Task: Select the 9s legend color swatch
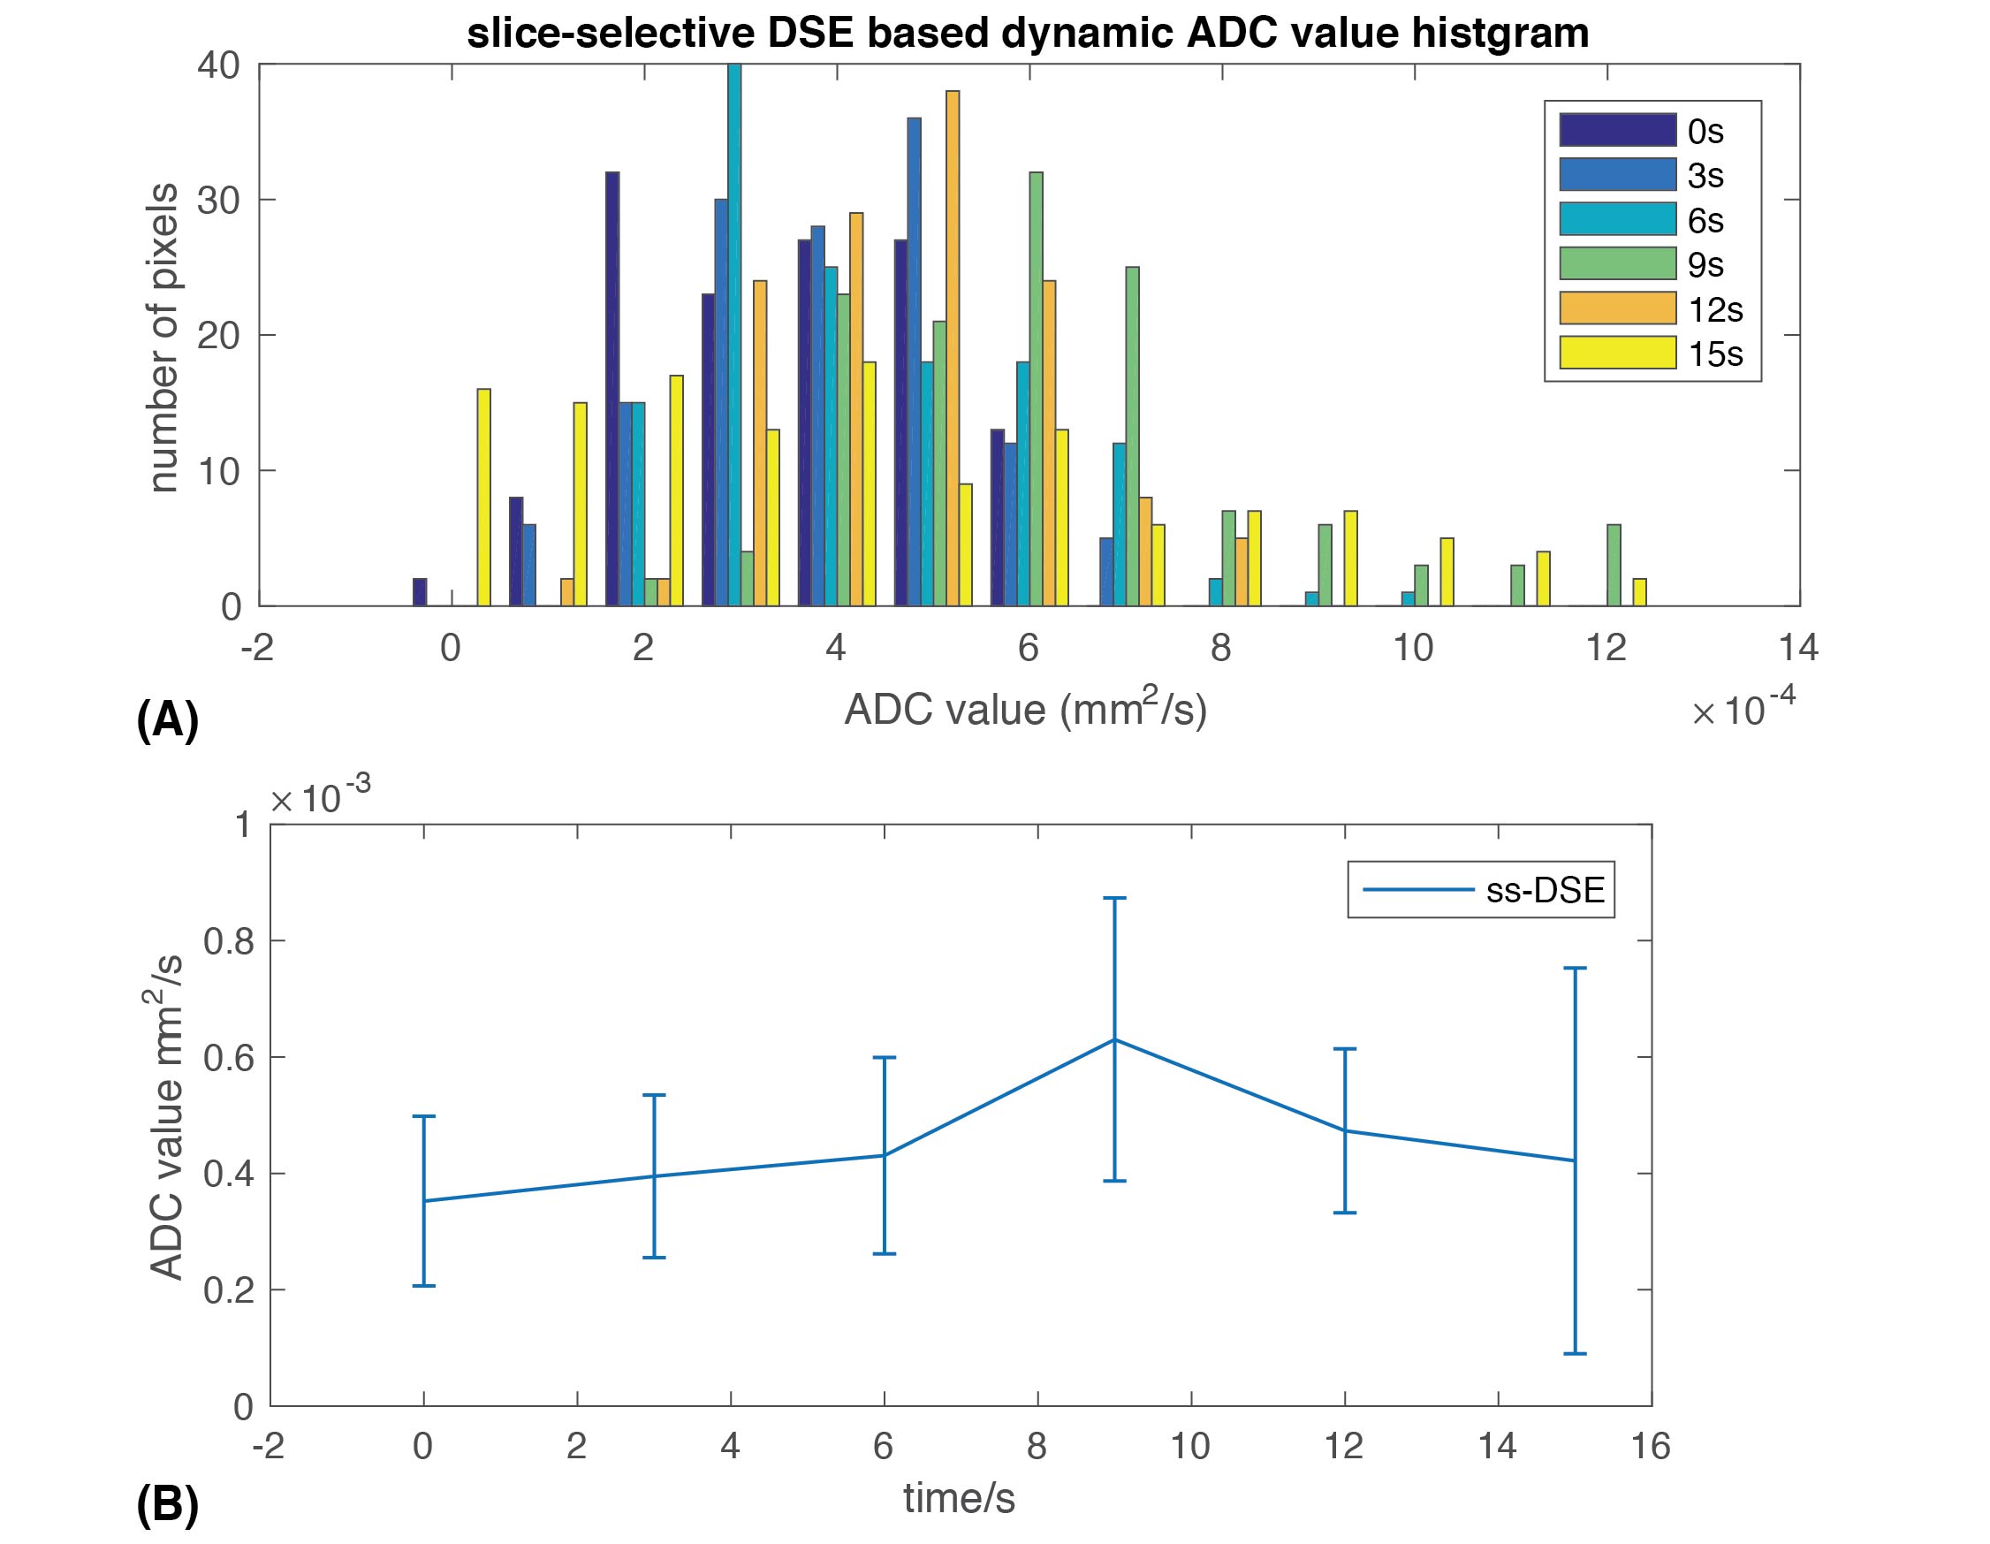tap(1617, 263)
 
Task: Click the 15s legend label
tap(1715, 354)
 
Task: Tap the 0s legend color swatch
tap(1617, 130)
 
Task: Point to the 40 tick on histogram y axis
tap(218, 65)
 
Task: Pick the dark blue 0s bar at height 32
tap(612, 388)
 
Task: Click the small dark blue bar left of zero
tap(420, 591)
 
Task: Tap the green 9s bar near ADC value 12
tap(1614, 565)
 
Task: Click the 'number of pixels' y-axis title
tap(164, 338)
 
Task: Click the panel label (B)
tap(167, 1505)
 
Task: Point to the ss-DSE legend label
tap(1546, 890)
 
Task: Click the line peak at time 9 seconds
tap(1114, 1039)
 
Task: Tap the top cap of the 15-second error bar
tap(1575, 968)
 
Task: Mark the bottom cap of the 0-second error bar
tap(423, 1285)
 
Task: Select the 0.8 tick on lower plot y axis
tap(228, 941)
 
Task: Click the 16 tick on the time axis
tap(1650, 1447)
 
